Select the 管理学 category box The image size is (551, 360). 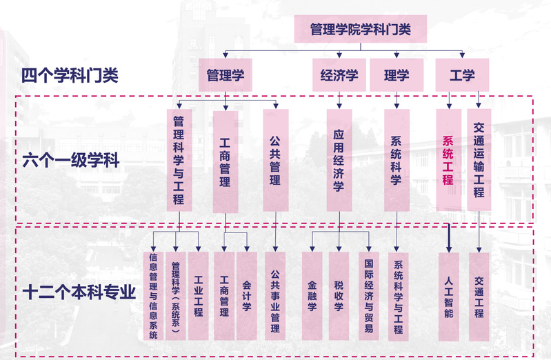(226, 75)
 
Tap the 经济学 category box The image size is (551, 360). (339, 75)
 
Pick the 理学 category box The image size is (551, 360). (397, 75)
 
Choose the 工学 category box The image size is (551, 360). (462, 75)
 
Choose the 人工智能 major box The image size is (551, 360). (449, 295)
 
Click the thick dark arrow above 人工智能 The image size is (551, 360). (449, 238)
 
